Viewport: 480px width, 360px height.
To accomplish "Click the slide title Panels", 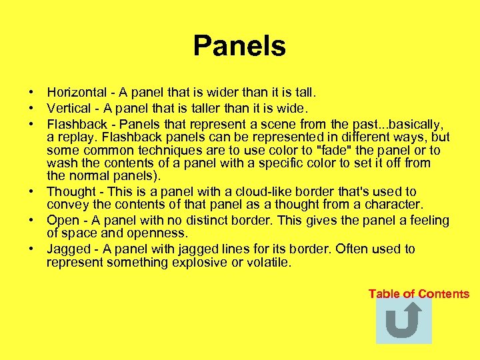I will coord(239,47).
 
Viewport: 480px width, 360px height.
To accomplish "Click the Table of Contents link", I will coord(419,294).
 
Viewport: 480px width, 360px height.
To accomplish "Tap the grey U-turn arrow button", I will coord(403,321).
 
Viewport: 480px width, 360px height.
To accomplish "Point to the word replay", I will coord(75,137).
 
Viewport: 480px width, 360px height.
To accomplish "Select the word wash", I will coord(60,163).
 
